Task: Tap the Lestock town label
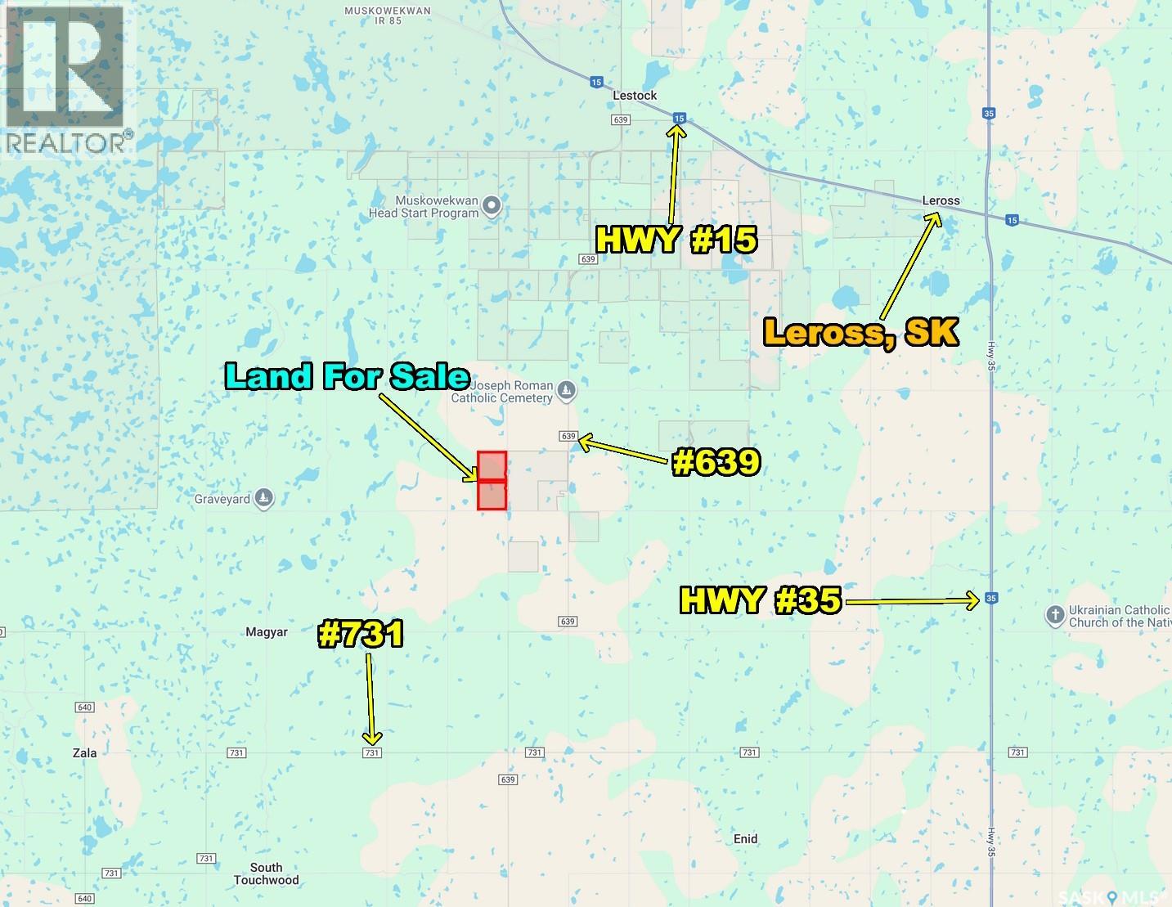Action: click(x=635, y=96)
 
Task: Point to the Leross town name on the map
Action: click(x=941, y=200)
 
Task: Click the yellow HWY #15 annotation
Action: click(x=676, y=240)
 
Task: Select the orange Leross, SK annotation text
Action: click(x=860, y=332)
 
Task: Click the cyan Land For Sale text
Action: click(x=348, y=375)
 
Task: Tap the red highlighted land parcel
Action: click(x=492, y=481)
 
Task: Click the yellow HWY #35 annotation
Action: click(x=761, y=601)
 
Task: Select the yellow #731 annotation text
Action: click(x=361, y=635)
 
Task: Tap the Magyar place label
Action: click(x=267, y=632)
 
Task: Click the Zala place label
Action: click(x=84, y=753)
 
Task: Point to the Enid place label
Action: click(x=745, y=839)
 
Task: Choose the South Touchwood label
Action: click(x=267, y=874)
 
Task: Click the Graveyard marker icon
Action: click(x=263, y=498)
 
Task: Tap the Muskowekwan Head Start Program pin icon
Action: click(x=492, y=206)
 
